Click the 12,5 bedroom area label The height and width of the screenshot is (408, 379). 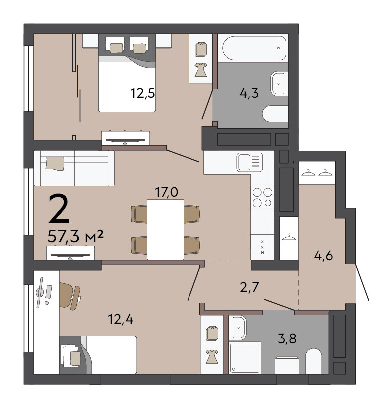tap(142, 93)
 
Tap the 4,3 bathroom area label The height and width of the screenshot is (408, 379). tap(249, 93)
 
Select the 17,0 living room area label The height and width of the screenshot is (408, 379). tap(166, 192)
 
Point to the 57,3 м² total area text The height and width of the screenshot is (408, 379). tap(76, 236)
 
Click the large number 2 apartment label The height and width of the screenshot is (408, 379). tap(59, 209)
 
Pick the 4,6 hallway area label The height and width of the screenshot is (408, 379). tap(324, 256)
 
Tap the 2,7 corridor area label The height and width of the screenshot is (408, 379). tap(249, 287)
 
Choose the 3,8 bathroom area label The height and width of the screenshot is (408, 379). tap(287, 339)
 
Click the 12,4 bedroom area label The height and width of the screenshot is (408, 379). tap(121, 319)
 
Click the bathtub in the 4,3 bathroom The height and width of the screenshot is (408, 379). tap(254, 48)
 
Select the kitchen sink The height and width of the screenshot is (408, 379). tap(250, 163)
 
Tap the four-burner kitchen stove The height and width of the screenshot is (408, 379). tap(262, 197)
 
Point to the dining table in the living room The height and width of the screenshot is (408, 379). tap(165, 230)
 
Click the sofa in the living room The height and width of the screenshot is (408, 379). tap(74, 168)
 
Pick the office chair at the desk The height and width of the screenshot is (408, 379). tap(70, 296)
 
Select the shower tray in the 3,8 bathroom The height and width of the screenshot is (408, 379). tap(245, 358)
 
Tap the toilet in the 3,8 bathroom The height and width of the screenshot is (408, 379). tap(314, 361)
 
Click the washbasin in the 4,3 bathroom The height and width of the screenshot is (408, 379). tap(278, 84)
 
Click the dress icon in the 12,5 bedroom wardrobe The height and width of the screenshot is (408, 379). tap(201, 70)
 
